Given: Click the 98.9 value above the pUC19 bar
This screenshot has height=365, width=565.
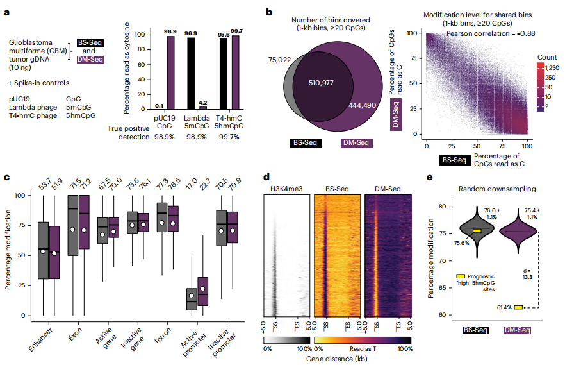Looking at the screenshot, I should tap(170, 31).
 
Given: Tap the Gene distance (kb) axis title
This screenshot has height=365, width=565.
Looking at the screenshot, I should tap(338, 359).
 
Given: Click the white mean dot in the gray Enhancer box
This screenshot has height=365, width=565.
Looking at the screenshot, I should tap(43, 251).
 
